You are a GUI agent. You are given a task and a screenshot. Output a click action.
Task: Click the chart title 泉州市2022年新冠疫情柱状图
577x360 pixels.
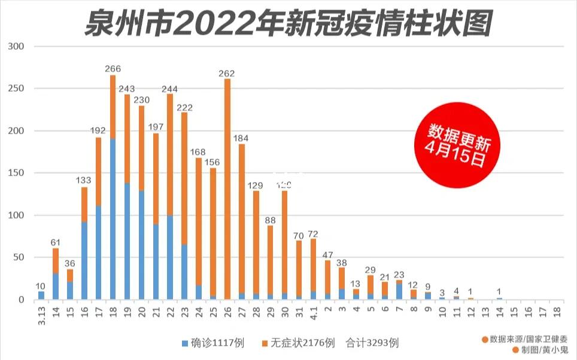(x=289, y=23)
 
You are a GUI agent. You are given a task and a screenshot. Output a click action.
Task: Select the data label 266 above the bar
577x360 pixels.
(x=113, y=69)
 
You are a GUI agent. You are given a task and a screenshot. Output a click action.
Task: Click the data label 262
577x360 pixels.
(x=227, y=73)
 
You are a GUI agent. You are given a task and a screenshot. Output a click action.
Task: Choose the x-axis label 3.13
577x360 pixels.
(x=41, y=314)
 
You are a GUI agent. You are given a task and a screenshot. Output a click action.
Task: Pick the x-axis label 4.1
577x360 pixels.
(x=313, y=313)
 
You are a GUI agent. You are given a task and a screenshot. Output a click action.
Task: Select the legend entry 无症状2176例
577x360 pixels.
(x=296, y=343)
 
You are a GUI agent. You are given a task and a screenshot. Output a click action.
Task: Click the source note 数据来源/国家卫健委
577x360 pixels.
(x=524, y=339)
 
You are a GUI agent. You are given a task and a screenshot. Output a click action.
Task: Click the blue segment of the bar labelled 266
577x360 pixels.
(x=113, y=219)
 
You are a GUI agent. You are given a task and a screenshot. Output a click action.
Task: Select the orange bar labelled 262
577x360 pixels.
(x=227, y=189)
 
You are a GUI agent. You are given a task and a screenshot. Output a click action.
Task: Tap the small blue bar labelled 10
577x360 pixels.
(x=41, y=295)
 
